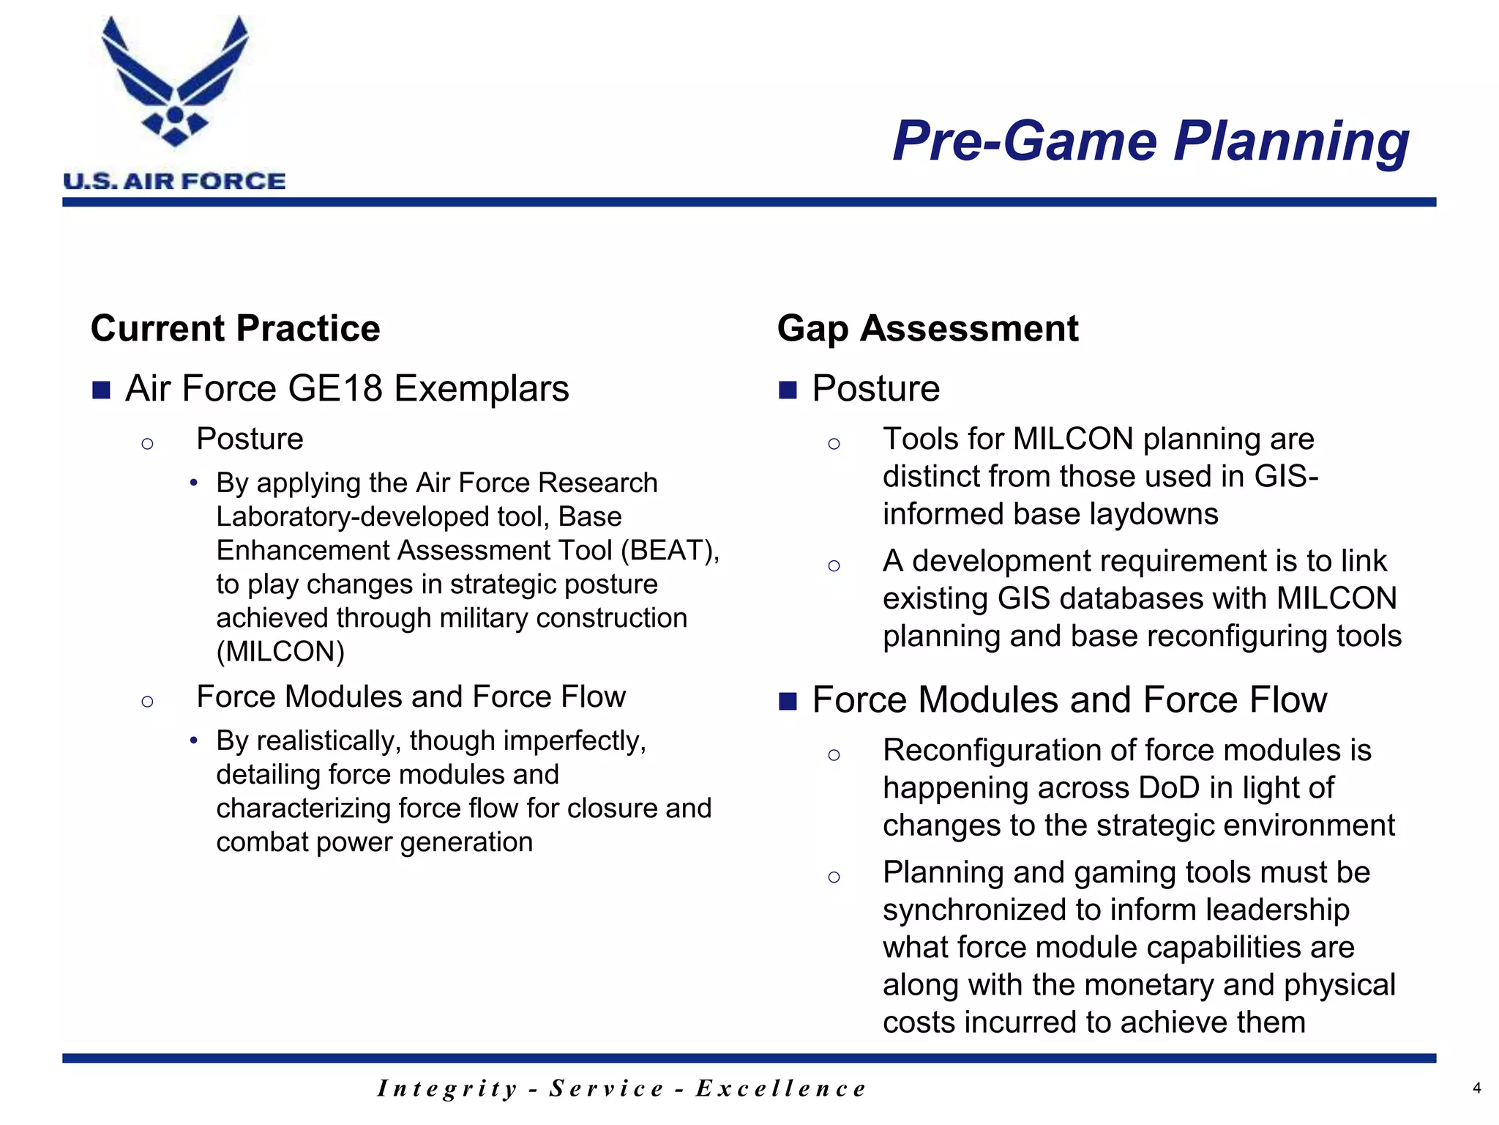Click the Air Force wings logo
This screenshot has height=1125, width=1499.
point(175,81)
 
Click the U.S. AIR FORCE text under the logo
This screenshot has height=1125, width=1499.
point(174,181)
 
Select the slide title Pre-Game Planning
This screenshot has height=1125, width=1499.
point(1150,141)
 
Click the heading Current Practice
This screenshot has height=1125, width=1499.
point(235,328)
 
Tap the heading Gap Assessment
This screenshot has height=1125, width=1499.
point(927,328)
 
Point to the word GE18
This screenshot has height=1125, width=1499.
point(336,388)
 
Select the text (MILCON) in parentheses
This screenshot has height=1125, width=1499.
point(280,651)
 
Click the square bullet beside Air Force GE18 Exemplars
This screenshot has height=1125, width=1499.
point(101,390)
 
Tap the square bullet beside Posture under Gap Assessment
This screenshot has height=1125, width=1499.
point(788,390)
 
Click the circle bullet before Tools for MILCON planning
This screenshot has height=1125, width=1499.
point(834,443)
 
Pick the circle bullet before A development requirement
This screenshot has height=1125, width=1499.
point(834,565)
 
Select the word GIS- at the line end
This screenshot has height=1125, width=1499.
point(1286,476)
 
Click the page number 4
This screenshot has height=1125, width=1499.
point(1476,1088)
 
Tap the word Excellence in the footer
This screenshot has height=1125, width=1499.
point(780,1088)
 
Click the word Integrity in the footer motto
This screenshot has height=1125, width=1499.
point(448,1088)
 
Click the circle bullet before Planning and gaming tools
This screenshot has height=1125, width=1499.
point(834,877)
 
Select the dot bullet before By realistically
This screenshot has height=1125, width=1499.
point(193,740)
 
